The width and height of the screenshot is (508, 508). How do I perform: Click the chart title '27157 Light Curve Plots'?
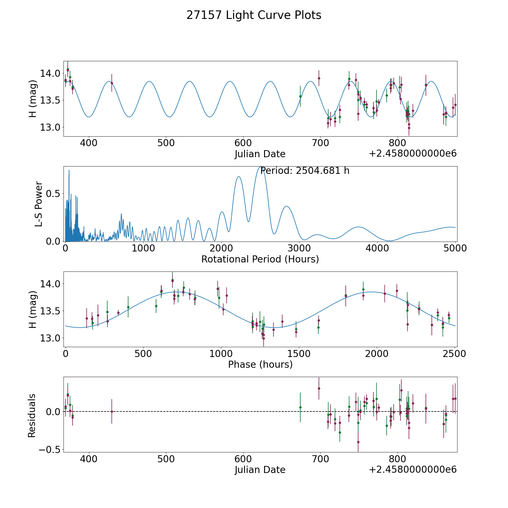point(254,15)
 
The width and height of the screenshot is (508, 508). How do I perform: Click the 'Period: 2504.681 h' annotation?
point(305,171)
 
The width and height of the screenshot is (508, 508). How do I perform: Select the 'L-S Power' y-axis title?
point(39,204)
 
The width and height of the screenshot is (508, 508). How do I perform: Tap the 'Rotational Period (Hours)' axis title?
point(260,259)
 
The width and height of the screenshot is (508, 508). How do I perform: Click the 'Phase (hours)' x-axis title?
point(260,364)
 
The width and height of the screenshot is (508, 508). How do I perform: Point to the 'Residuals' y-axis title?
point(32,415)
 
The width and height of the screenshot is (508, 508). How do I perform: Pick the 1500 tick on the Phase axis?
point(299,354)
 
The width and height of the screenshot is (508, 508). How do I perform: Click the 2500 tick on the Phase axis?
point(454,354)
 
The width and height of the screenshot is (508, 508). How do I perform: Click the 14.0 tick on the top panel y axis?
point(50,73)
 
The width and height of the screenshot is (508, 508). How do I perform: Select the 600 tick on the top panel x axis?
point(243,143)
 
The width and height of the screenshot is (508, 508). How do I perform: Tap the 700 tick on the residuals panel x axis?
point(320,459)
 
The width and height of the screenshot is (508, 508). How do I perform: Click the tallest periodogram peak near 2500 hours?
point(260,167)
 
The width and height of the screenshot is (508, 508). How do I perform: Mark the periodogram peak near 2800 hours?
point(286,206)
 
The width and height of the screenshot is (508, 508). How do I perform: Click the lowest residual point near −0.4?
point(358,442)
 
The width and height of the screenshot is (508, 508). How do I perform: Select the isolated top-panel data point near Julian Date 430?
point(112,83)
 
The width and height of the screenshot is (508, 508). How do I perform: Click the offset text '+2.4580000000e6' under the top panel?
point(413,154)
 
